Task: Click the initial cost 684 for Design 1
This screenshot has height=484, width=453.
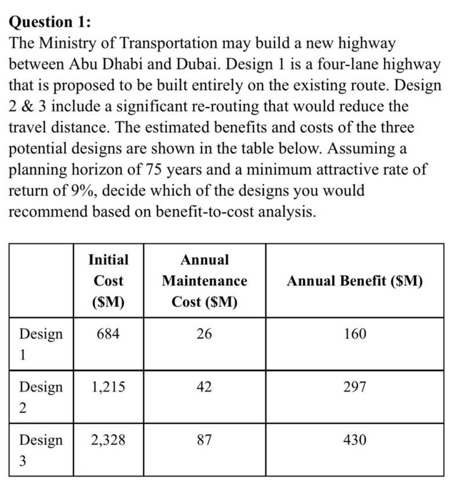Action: point(108,333)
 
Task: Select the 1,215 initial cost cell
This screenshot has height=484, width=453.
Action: point(108,386)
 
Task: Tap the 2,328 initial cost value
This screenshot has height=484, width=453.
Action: point(108,439)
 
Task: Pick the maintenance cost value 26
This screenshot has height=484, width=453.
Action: point(204,333)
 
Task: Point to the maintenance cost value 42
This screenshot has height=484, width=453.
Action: point(204,386)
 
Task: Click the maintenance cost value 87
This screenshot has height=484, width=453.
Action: point(204,439)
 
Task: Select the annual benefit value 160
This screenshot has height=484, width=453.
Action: point(355,333)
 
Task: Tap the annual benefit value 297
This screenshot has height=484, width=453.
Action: point(355,386)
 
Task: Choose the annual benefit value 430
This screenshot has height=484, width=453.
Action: point(355,439)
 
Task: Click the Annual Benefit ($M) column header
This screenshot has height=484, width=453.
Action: point(355,281)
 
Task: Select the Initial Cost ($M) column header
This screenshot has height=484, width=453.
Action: point(108,281)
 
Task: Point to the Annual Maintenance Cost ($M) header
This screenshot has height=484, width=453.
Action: point(204,281)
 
